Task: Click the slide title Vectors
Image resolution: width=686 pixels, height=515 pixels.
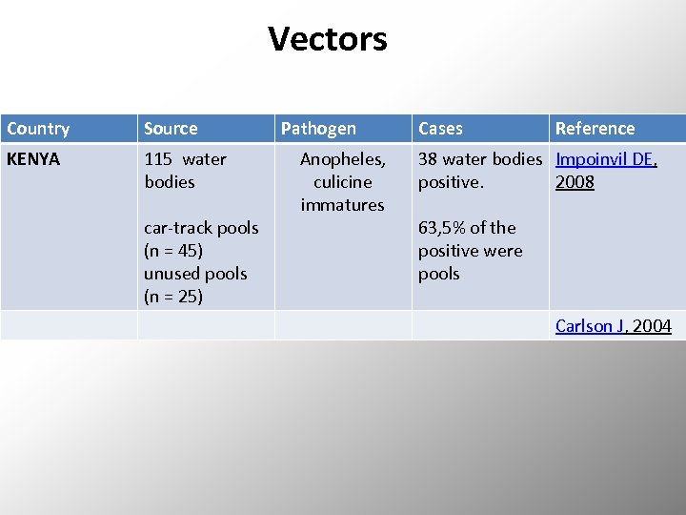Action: pyautogui.click(x=327, y=39)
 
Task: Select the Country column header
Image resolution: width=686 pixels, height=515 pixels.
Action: pyautogui.click(x=38, y=129)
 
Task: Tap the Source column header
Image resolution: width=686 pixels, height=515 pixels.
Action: pyautogui.click(x=171, y=129)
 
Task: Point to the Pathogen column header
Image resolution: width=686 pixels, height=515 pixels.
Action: pyautogui.click(x=318, y=129)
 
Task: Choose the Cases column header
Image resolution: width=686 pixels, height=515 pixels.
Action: pyautogui.click(x=440, y=129)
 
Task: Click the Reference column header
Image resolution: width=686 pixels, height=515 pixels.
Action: pyautogui.click(x=595, y=129)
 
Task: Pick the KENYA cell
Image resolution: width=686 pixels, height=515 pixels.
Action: pyautogui.click(x=33, y=159)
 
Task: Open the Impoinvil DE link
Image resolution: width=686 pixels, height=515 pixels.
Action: pyautogui.click(x=606, y=159)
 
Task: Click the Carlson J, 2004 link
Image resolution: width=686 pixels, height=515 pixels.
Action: pyautogui.click(x=613, y=326)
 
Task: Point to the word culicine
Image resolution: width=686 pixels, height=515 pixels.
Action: pyautogui.click(x=342, y=182)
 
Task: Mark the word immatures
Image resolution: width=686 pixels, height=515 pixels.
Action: pyautogui.click(x=342, y=205)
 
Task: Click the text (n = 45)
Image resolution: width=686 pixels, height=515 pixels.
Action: pyautogui.click(x=173, y=251)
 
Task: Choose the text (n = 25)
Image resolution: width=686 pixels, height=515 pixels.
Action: pyautogui.click(x=173, y=297)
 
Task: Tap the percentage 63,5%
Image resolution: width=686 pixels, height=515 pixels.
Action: pyautogui.click(x=441, y=228)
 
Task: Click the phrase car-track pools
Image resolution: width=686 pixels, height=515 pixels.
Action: pyautogui.click(x=201, y=228)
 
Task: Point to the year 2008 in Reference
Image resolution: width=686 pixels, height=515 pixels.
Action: pyautogui.click(x=575, y=182)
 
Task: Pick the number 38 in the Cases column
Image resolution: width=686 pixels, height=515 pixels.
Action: pyautogui.click(x=429, y=159)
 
